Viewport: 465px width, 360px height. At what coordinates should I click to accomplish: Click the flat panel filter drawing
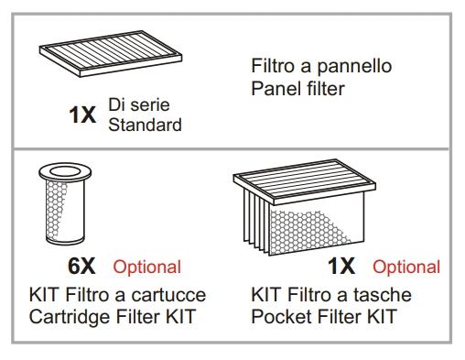(x=111, y=53)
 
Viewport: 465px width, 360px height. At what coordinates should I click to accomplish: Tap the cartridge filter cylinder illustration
(x=65, y=203)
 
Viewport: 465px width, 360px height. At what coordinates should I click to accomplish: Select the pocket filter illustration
(x=304, y=207)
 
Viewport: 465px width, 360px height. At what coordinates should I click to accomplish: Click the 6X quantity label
(x=81, y=266)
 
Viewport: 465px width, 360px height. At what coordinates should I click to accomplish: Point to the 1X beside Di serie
(x=82, y=115)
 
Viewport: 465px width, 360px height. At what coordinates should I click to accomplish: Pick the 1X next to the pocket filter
(x=341, y=266)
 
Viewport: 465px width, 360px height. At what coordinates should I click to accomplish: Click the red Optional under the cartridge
(x=147, y=267)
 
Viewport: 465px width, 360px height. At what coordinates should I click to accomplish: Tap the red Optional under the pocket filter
(x=406, y=267)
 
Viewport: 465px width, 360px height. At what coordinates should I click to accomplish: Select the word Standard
(x=145, y=125)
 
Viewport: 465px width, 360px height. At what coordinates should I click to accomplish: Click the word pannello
(x=354, y=67)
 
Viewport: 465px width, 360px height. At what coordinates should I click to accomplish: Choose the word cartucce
(x=168, y=295)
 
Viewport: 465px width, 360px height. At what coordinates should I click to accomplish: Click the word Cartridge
(x=70, y=317)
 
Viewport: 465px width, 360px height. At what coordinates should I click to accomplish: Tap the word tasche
(x=383, y=295)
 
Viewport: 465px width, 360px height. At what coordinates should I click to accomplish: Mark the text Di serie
(x=139, y=104)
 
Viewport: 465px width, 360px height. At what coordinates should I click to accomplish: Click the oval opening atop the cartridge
(x=65, y=171)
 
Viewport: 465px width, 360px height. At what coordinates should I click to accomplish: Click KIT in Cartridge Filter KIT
(x=180, y=316)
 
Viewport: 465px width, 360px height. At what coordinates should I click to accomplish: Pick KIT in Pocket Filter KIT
(x=382, y=316)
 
